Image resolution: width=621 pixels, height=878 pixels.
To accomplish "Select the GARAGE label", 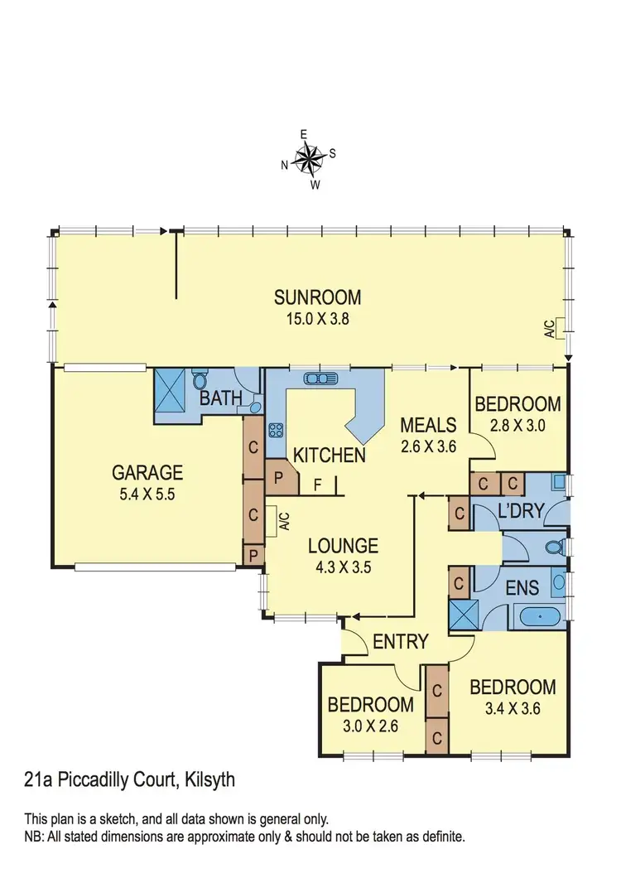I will [x=147, y=473].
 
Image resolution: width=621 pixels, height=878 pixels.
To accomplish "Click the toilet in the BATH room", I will [x=199, y=382].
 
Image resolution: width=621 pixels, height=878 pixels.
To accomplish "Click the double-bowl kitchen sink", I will [x=319, y=379].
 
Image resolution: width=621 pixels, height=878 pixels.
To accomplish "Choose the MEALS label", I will [x=428, y=425].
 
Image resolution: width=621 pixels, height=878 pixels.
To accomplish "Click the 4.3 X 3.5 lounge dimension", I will [x=343, y=568].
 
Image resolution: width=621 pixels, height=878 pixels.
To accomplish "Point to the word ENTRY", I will [x=401, y=641].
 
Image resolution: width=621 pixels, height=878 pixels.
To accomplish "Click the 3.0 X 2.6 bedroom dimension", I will [x=370, y=725].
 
